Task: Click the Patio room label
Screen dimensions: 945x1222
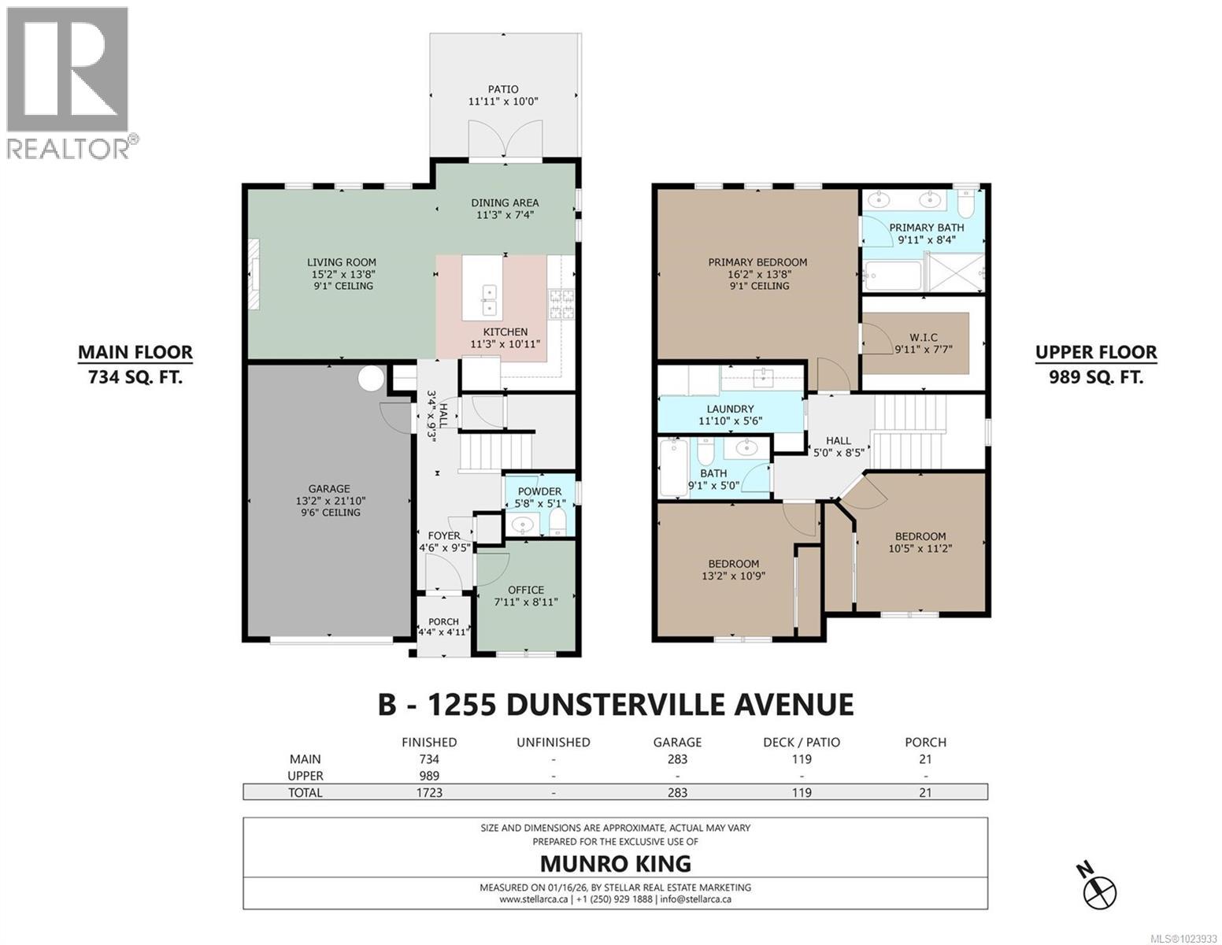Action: [504, 89]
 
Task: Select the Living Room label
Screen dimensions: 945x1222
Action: [341, 262]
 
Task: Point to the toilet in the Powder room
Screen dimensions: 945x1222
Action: [557, 521]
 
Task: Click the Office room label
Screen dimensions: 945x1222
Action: [525, 590]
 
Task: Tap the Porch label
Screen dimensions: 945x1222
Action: [443, 622]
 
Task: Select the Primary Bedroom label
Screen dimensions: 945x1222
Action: [757, 262]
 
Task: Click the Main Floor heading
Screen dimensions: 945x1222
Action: [135, 353]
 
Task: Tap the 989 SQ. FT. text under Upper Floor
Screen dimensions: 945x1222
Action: [1095, 377]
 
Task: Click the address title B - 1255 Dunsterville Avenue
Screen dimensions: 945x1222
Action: [615, 703]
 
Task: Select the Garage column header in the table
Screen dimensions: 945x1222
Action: [677, 742]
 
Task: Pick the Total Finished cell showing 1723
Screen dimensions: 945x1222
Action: [428, 792]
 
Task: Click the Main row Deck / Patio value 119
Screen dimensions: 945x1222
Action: [801, 759]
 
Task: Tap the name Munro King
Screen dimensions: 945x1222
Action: [615, 863]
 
